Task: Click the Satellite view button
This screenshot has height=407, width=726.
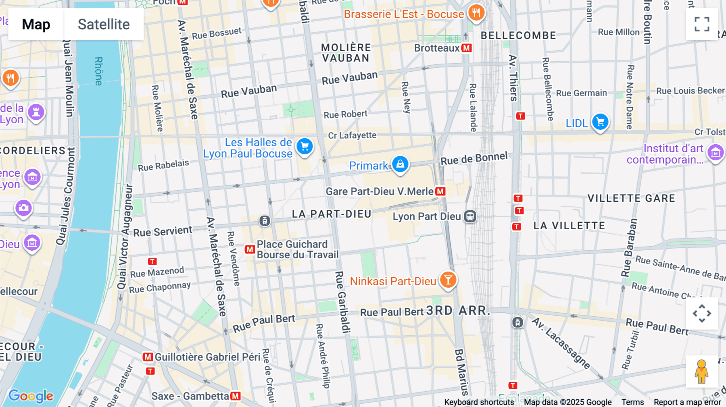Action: (104, 24)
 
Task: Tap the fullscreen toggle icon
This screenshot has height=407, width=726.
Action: (702, 24)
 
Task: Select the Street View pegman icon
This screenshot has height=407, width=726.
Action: (701, 371)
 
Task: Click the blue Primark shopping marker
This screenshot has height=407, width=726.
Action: (400, 164)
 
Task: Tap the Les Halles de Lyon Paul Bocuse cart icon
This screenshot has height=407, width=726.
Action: (305, 146)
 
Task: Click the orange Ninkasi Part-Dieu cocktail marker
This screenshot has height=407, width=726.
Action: (448, 279)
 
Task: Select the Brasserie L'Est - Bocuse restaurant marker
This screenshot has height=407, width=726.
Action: (476, 12)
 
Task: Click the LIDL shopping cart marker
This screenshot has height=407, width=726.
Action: (600, 121)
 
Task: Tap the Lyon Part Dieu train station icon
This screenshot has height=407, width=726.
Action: (470, 216)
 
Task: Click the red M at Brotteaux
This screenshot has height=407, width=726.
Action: (467, 48)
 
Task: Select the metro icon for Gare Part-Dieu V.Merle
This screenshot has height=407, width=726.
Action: (440, 191)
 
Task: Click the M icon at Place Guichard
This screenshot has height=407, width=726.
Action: (250, 249)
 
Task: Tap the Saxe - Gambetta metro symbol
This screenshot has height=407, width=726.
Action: (235, 396)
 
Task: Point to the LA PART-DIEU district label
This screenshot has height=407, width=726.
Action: (332, 214)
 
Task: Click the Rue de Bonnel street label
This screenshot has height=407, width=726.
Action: (474, 158)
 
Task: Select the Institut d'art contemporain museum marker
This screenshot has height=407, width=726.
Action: (716, 153)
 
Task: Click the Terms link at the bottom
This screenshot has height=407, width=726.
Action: (632, 402)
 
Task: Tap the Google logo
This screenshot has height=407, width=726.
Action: (31, 396)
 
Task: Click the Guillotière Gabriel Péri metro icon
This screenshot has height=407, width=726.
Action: (148, 357)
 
